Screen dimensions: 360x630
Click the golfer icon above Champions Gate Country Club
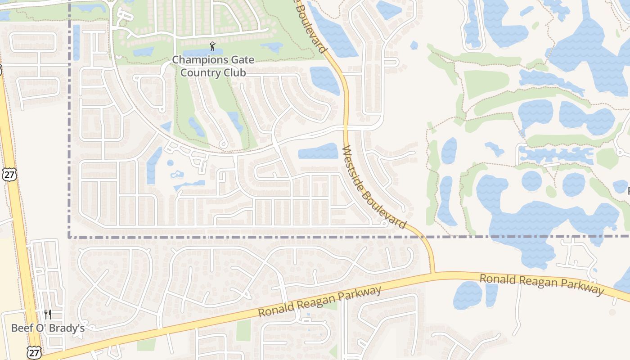(212, 46)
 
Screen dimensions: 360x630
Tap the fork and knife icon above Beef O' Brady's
(48, 314)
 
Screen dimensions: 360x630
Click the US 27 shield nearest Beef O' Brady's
(34, 352)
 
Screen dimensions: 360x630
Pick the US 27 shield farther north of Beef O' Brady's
(9, 175)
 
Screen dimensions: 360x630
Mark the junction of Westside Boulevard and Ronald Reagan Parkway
(433, 273)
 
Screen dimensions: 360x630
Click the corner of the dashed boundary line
(69, 236)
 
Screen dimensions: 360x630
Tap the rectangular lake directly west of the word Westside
(318, 151)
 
